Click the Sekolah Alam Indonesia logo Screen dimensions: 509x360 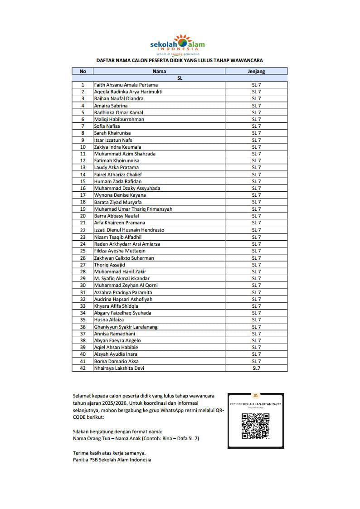point(177,44)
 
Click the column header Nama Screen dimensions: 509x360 point(159,71)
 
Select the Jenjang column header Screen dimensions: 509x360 point(256,71)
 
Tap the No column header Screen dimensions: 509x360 point(83,71)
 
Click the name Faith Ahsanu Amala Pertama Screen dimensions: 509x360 point(126,85)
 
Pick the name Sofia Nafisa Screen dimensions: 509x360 point(107,126)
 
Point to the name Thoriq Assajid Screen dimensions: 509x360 point(109,265)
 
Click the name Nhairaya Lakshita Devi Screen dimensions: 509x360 point(119,368)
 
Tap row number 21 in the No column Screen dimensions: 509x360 point(83,223)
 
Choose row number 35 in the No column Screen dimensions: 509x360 point(83,320)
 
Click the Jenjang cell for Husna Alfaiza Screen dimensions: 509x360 point(256,320)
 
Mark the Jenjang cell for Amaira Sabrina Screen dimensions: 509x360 point(256,106)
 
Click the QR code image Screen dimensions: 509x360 point(256,426)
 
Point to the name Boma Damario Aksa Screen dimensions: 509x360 point(116,361)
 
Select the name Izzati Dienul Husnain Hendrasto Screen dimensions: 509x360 point(129,230)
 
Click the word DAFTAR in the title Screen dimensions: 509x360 point(105,60)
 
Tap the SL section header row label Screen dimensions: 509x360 point(180,78)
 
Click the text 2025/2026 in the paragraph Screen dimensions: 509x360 point(122,403)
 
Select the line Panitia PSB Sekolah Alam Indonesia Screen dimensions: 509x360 point(112,460)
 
